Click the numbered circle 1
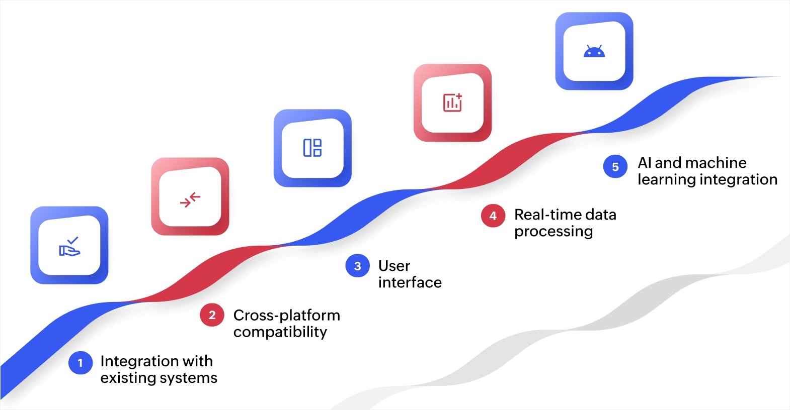tap(81, 363)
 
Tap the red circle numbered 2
tap(212, 315)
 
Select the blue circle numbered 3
tap(358, 266)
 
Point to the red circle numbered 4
tap(493, 216)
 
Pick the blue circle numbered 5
tap(615, 167)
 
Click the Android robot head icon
tap(594, 51)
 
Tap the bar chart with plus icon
tap(452, 102)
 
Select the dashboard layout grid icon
tap(312, 148)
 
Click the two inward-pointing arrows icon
tap(190, 199)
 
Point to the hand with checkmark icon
tap(69, 247)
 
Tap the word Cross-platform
tap(286, 315)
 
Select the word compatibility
tap(280, 332)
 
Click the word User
tap(394, 266)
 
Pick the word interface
tap(410, 282)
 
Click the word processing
tap(553, 231)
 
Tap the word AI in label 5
tap(644, 163)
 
